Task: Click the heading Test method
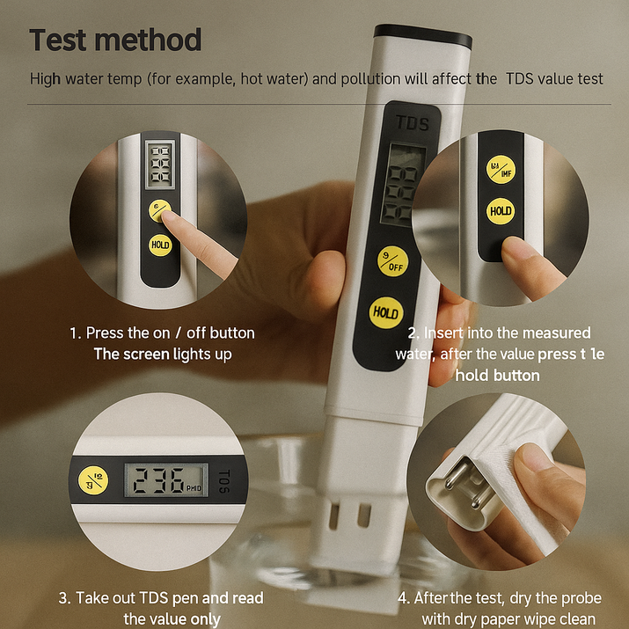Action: click(115, 40)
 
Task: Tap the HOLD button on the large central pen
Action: click(385, 312)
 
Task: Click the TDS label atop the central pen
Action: click(412, 123)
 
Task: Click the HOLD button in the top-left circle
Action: click(160, 245)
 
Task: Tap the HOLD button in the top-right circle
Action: click(501, 211)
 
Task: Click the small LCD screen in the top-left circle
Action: click(160, 165)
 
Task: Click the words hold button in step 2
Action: click(497, 376)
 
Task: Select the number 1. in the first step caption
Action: click(75, 333)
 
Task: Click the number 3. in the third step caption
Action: click(64, 598)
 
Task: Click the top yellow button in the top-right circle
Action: click(501, 169)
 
